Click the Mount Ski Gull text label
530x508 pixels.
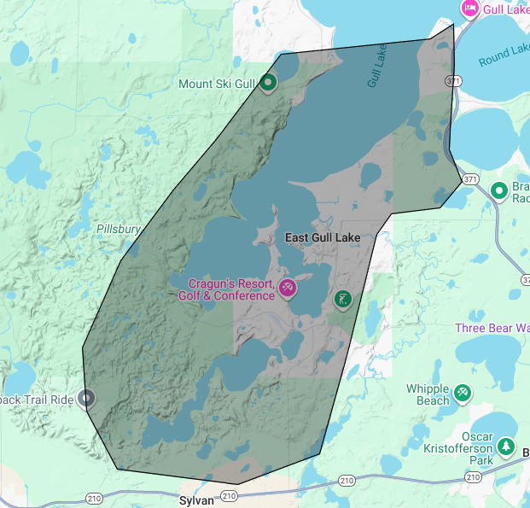coord(217,84)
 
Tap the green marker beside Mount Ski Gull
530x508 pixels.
coord(268,82)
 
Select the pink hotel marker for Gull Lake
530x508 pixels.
coord(469,8)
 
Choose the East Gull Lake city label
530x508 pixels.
coord(322,236)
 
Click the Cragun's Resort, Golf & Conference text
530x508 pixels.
coord(226,289)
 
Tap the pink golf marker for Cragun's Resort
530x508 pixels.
coord(288,288)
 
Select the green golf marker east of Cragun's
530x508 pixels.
coord(342,299)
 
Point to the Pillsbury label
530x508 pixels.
coord(118,230)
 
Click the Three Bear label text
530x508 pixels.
coord(492,328)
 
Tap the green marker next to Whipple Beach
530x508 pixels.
coord(463,392)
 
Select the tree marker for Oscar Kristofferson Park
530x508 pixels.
coord(506,447)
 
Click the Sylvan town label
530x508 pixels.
coord(196,501)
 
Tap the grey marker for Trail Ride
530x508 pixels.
coord(86,397)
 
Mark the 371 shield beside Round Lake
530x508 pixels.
coord(451,80)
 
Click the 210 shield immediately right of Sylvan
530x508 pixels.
coord(228,495)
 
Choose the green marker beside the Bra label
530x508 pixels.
coord(498,190)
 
